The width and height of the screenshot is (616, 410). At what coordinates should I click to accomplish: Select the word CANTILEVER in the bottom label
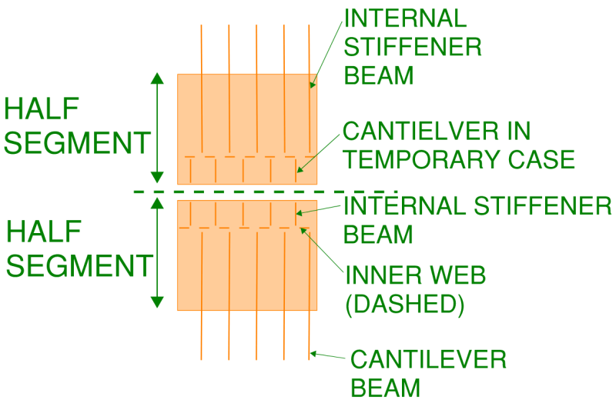(x=428, y=359)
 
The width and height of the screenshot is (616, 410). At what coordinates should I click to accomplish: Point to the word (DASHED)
(x=405, y=304)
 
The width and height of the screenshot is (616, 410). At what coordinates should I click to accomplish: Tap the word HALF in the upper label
(x=42, y=109)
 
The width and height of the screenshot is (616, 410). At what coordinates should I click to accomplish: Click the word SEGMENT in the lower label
(x=79, y=265)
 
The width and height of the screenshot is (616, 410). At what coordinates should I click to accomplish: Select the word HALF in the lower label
(x=44, y=232)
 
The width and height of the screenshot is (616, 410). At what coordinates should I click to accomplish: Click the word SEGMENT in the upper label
(x=77, y=143)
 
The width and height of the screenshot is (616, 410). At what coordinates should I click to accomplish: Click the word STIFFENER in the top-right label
(x=413, y=47)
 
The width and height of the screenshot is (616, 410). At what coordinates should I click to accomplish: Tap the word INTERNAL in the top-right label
(x=406, y=18)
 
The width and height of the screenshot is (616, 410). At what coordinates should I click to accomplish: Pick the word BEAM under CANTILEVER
(x=386, y=388)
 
